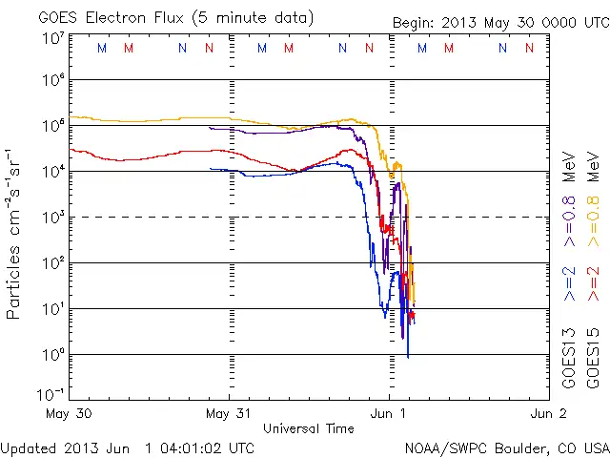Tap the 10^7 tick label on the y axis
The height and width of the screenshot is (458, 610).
[52, 38]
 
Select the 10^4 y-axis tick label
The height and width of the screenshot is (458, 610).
[52, 170]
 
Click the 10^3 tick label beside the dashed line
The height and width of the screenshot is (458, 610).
[52, 216]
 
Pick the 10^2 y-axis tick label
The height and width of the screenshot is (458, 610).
[52, 261]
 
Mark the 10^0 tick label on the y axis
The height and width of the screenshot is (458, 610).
[52, 353]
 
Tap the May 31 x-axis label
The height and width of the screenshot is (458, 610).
[229, 414]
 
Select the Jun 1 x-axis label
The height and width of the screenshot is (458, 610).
[390, 414]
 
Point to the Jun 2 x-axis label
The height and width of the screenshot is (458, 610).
[548, 414]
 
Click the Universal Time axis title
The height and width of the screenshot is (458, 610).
[308, 428]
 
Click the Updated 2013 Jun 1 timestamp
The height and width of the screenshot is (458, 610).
[128, 448]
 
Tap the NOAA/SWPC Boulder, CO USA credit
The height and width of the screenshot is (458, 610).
[506, 448]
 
